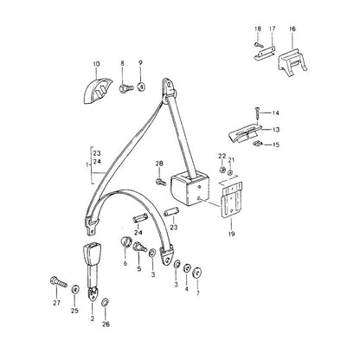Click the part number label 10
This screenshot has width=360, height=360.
[96, 64]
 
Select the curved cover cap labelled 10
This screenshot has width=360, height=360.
[97, 90]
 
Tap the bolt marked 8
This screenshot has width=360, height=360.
[125, 87]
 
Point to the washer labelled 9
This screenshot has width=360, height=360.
[141, 87]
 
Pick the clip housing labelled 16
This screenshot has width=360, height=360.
[292, 64]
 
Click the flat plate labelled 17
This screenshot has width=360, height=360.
[265, 54]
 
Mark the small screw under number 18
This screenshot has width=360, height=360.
[259, 45]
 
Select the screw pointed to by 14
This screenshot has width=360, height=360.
[257, 114]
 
